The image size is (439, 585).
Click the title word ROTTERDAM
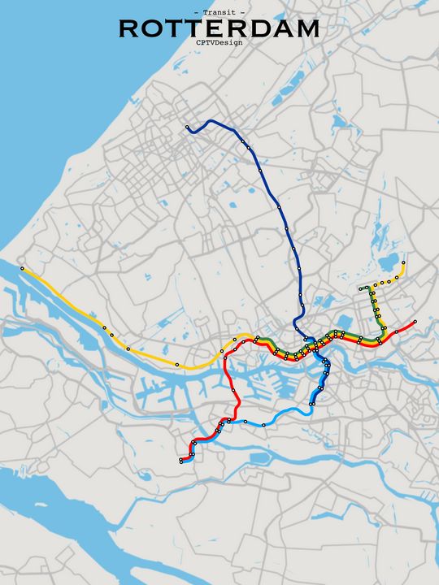219,29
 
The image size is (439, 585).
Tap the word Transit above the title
219,13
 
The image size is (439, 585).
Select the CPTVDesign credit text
219,42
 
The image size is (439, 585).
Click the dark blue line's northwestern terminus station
187,127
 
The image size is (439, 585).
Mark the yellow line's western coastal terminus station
22,268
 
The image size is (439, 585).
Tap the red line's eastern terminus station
415,322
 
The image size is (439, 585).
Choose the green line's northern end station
360,289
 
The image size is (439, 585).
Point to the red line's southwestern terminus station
180,461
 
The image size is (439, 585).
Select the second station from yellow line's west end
104,327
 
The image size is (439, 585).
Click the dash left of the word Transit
198,13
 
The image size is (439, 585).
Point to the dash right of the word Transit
242,13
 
